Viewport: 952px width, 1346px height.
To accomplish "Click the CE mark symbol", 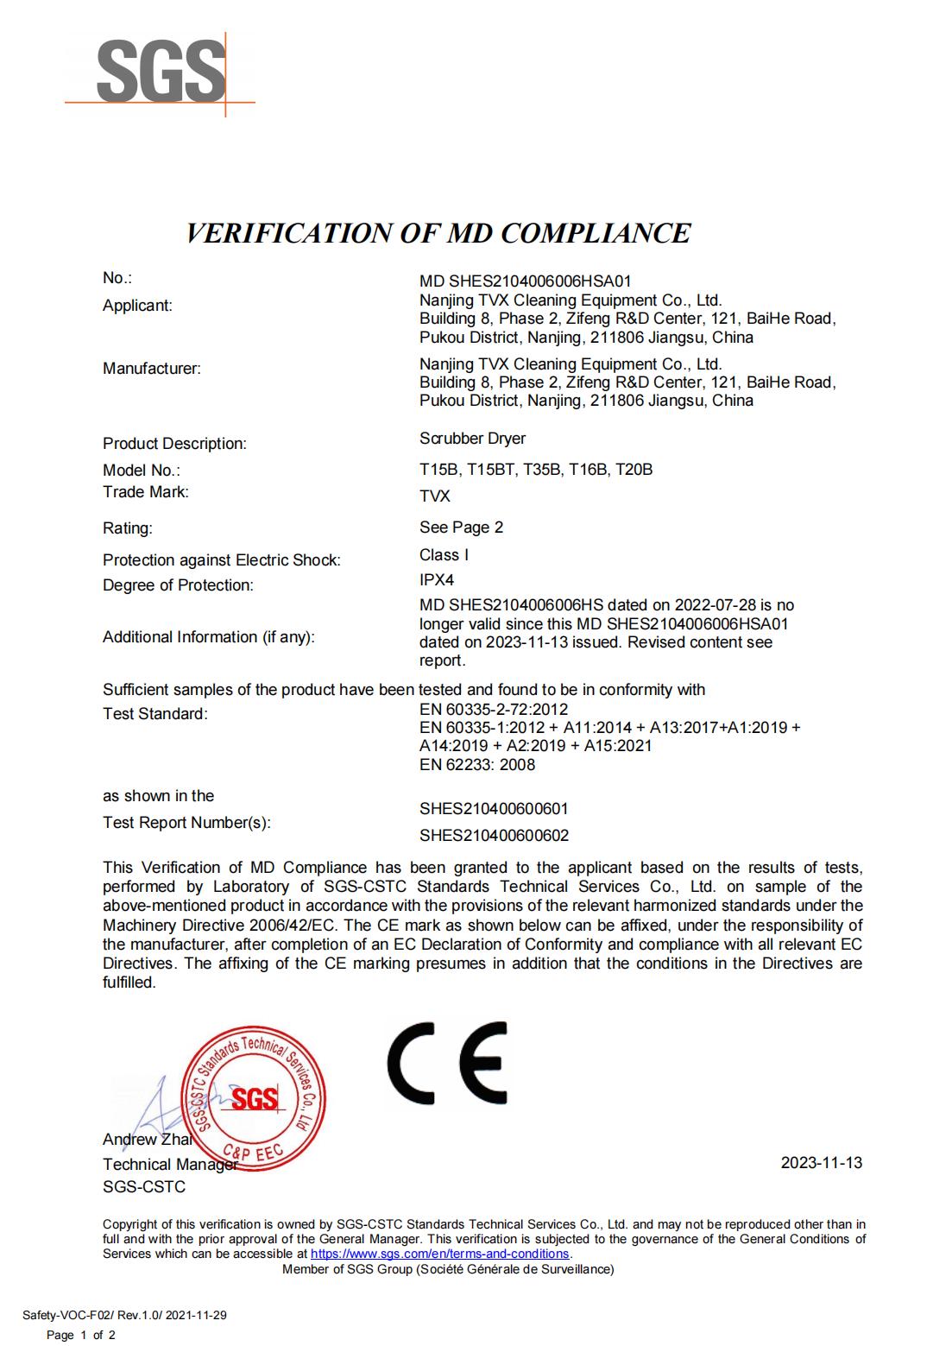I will (446, 1063).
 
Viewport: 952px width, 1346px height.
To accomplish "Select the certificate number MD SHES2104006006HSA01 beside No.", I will (526, 281).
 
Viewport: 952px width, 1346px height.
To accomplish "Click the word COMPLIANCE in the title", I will (596, 233).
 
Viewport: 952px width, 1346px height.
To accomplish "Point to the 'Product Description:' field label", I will (174, 444).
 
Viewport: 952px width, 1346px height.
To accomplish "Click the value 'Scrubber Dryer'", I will (472, 439).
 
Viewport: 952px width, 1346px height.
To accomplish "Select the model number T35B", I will (543, 470).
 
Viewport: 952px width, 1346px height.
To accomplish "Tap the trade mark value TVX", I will (435, 496).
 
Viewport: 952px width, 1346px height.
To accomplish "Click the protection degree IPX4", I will (437, 580).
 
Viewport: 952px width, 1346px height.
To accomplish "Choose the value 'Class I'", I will (444, 555).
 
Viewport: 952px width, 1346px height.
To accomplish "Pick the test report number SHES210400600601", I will (494, 809).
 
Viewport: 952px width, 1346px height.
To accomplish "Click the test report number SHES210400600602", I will (494, 836).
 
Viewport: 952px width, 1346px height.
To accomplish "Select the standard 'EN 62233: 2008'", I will (477, 765).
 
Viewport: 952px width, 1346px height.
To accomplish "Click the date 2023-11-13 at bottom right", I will (821, 1163).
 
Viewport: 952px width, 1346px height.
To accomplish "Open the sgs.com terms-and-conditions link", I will (439, 1254).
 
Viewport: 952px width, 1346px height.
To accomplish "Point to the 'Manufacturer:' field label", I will (152, 369).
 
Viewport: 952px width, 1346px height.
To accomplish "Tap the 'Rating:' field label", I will (128, 528).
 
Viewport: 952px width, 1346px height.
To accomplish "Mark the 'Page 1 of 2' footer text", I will (80, 1336).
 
